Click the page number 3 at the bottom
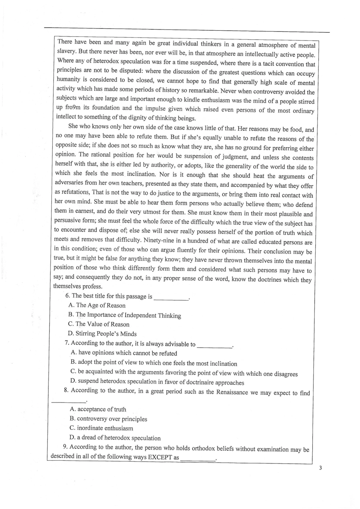click(320, 468)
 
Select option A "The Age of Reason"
click(97, 305)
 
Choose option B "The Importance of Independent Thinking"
click(125, 315)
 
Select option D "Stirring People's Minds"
click(102, 334)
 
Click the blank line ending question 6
click(171, 299)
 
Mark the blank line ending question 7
click(214, 347)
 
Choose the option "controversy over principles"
click(108, 419)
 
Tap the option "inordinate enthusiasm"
click(102, 428)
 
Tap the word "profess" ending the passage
click(92, 287)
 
